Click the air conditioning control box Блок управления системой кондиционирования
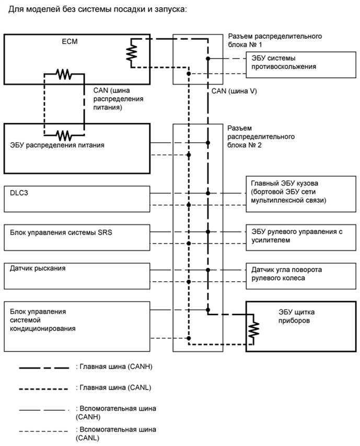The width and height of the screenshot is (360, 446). click(x=76, y=324)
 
